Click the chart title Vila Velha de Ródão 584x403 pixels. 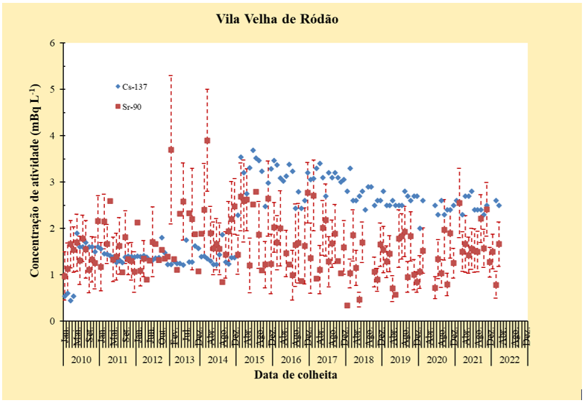click(277, 19)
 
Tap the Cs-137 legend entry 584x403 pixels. click(137, 86)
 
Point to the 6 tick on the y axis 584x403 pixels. click(52, 43)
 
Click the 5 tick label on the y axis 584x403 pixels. click(52, 90)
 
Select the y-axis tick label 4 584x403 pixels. click(52, 136)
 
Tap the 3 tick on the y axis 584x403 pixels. click(52, 182)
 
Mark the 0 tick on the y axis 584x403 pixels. click(52, 321)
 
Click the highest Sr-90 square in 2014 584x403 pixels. click(207, 141)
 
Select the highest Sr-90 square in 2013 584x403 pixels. click(171, 149)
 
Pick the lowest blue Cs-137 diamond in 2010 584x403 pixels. click(70, 300)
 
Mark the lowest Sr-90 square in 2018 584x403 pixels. click(348, 305)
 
